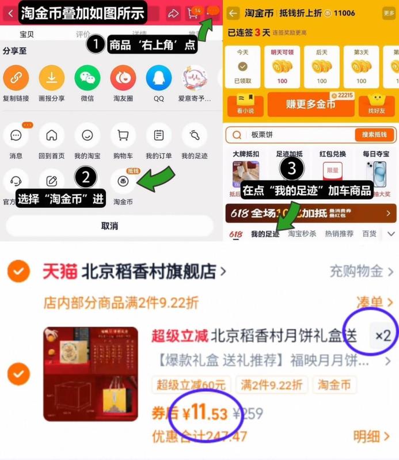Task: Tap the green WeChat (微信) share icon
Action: pos(87,78)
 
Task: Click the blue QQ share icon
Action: pos(158,78)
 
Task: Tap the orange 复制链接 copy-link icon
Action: pos(16,78)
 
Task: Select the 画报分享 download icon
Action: pos(51,78)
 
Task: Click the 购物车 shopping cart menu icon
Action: pos(123,135)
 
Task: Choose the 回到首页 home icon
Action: pos(51,135)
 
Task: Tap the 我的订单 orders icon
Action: pos(158,135)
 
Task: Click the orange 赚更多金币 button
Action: pos(310,104)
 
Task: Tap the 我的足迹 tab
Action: pos(265,234)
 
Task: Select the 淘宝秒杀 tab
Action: pos(302,234)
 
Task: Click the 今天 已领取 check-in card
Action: pos(242,67)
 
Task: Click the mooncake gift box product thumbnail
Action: pos(90,374)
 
